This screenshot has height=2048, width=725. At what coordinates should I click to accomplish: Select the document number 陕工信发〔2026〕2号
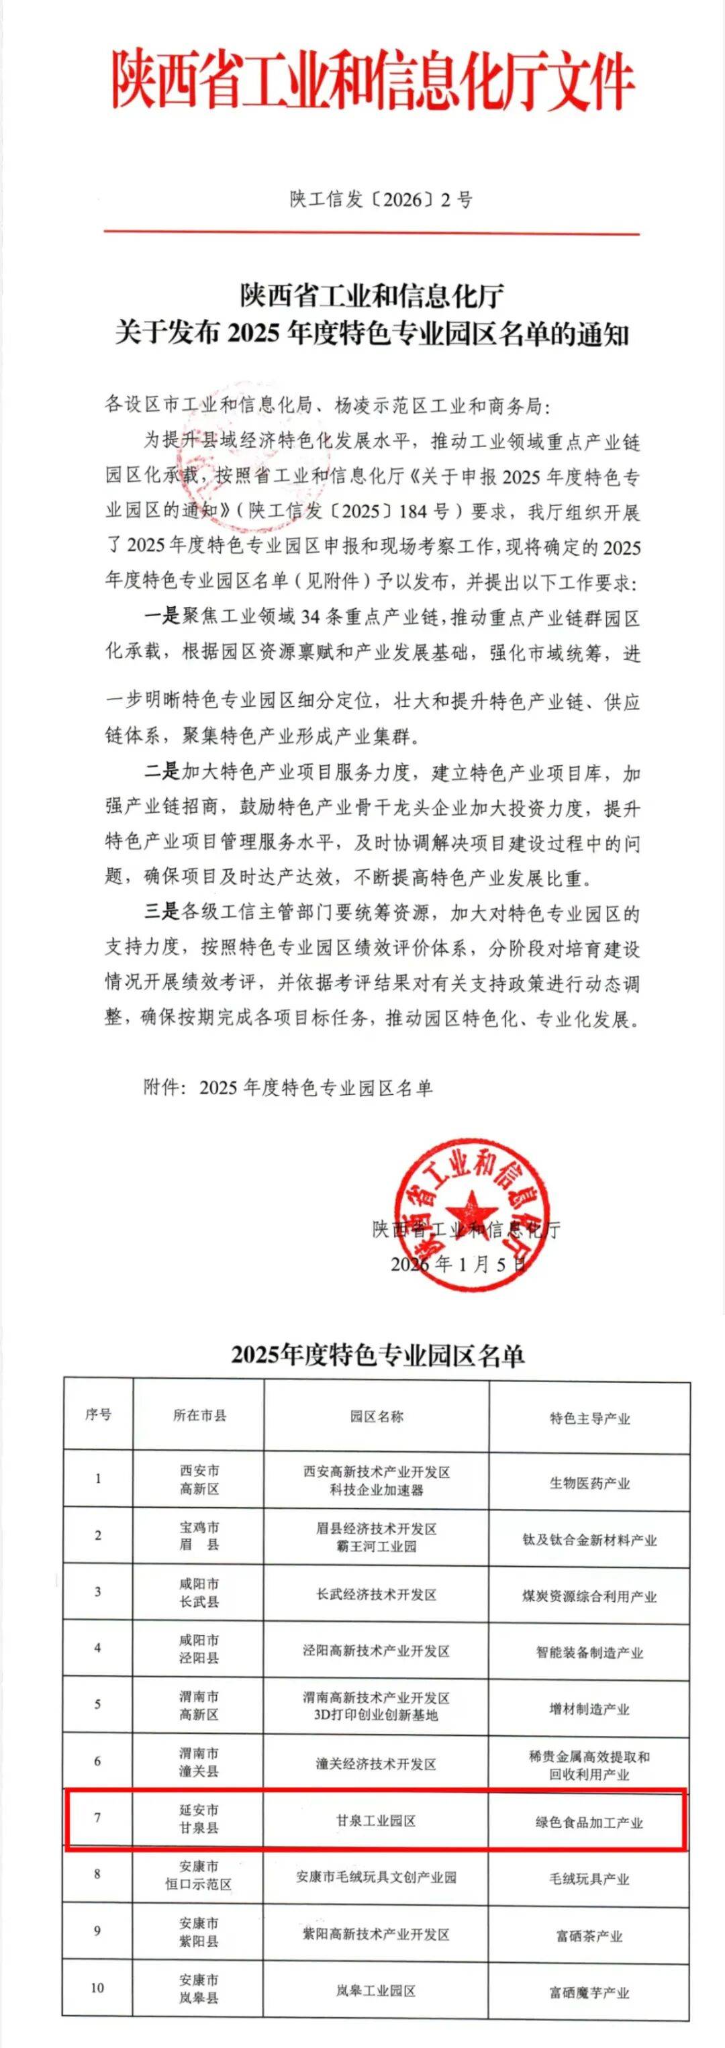[x=381, y=199]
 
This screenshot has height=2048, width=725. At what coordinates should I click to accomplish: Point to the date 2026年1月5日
[x=458, y=1264]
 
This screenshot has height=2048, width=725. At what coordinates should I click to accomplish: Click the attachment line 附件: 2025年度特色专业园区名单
[x=288, y=1087]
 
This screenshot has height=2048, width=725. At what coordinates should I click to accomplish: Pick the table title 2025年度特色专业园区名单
[x=377, y=1354]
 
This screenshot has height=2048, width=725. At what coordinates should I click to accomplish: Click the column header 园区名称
[x=376, y=1416]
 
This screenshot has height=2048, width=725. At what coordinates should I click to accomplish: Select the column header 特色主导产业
[x=589, y=1418]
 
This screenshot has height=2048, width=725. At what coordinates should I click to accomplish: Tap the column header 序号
[x=98, y=1414]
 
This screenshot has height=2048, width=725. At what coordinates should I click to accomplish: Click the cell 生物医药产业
[x=589, y=1483]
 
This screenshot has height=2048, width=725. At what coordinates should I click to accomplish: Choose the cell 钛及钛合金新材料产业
[x=589, y=1540]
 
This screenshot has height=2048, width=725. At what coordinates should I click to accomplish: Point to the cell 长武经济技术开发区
[x=376, y=1595]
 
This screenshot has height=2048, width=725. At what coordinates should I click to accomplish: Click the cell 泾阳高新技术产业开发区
[x=376, y=1651]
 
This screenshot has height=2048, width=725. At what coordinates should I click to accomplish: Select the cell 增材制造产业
[x=589, y=1708]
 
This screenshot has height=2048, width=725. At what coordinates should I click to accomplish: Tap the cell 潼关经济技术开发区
[x=376, y=1764]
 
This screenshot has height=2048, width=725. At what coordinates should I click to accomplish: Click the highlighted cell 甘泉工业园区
[x=376, y=1821]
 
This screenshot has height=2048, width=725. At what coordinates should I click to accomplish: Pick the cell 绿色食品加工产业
[x=589, y=1822]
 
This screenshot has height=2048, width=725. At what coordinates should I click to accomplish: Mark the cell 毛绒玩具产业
[x=589, y=1880]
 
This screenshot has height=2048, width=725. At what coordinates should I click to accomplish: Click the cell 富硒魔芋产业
[x=589, y=1993]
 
